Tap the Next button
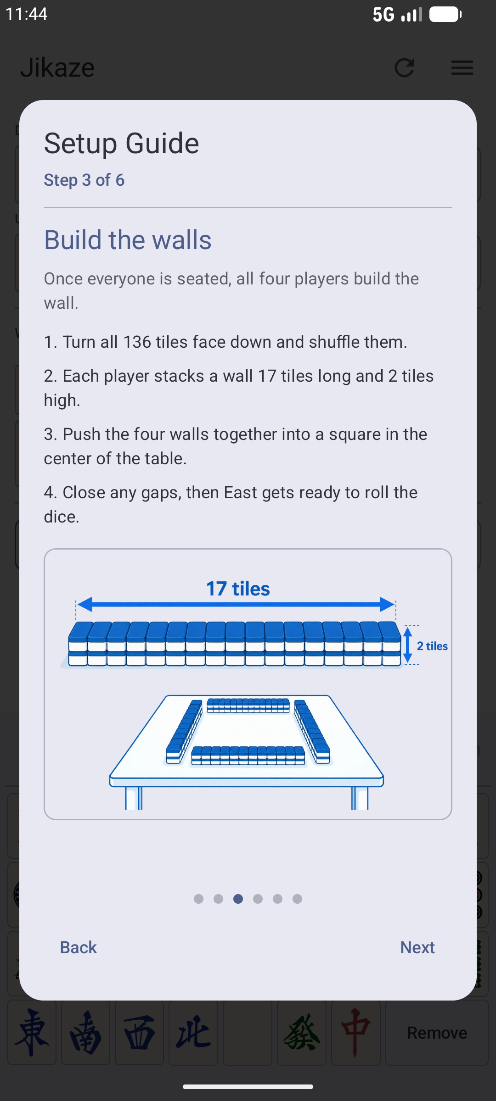coord(417,947)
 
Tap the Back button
coord(79,947)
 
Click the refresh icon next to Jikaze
coord(405,67)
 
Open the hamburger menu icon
coord(462,67)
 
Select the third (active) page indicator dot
coord(238,899)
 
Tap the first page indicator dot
coord(198,899)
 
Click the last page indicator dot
coord(297,899)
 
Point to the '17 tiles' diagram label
coord(238,589)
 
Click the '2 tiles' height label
coord(432,646)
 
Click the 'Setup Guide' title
coord(122,143)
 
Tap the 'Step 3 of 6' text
coord(84,180)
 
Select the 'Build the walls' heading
coord(128,239)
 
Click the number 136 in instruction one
coord(137,342)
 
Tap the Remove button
coord(437,1033)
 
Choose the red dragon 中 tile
coord(356,1033)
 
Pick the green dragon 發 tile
coord(302,1033)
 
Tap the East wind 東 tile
coord(32,1033)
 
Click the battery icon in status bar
coord(445,14)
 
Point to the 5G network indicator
coord(383,14)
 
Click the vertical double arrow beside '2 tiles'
coord(407,645)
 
